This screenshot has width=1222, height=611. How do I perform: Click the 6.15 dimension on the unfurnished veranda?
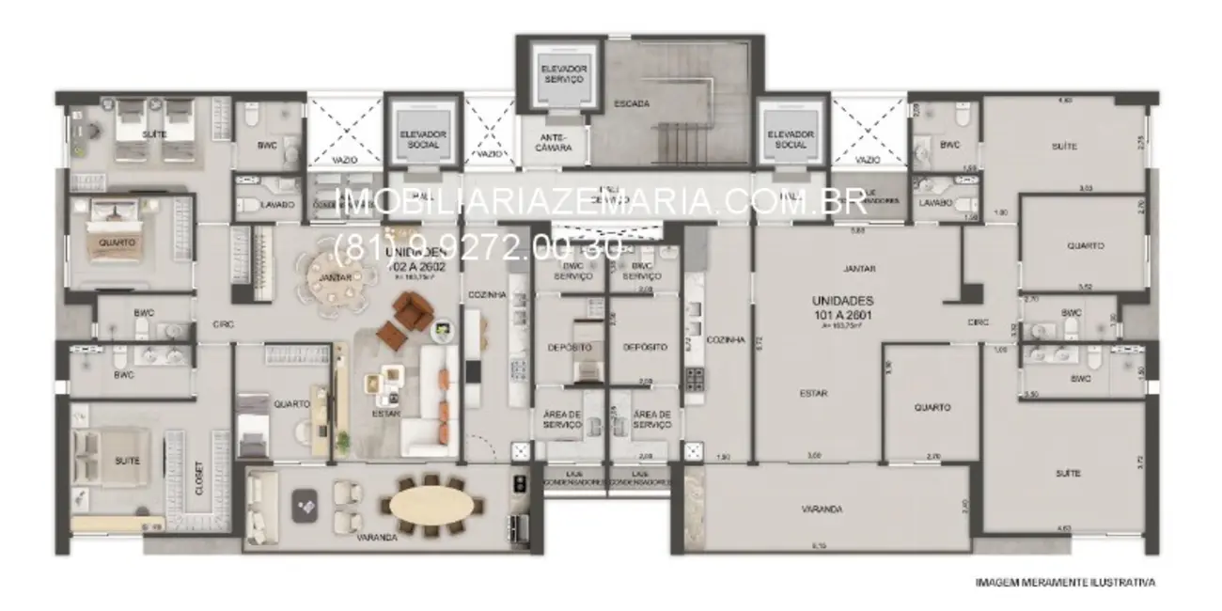point(821,545)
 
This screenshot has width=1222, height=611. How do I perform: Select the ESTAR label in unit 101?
point(813,394)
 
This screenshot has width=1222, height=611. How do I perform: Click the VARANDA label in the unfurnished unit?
point(822,509)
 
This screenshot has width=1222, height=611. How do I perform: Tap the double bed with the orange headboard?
point(112,242)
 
